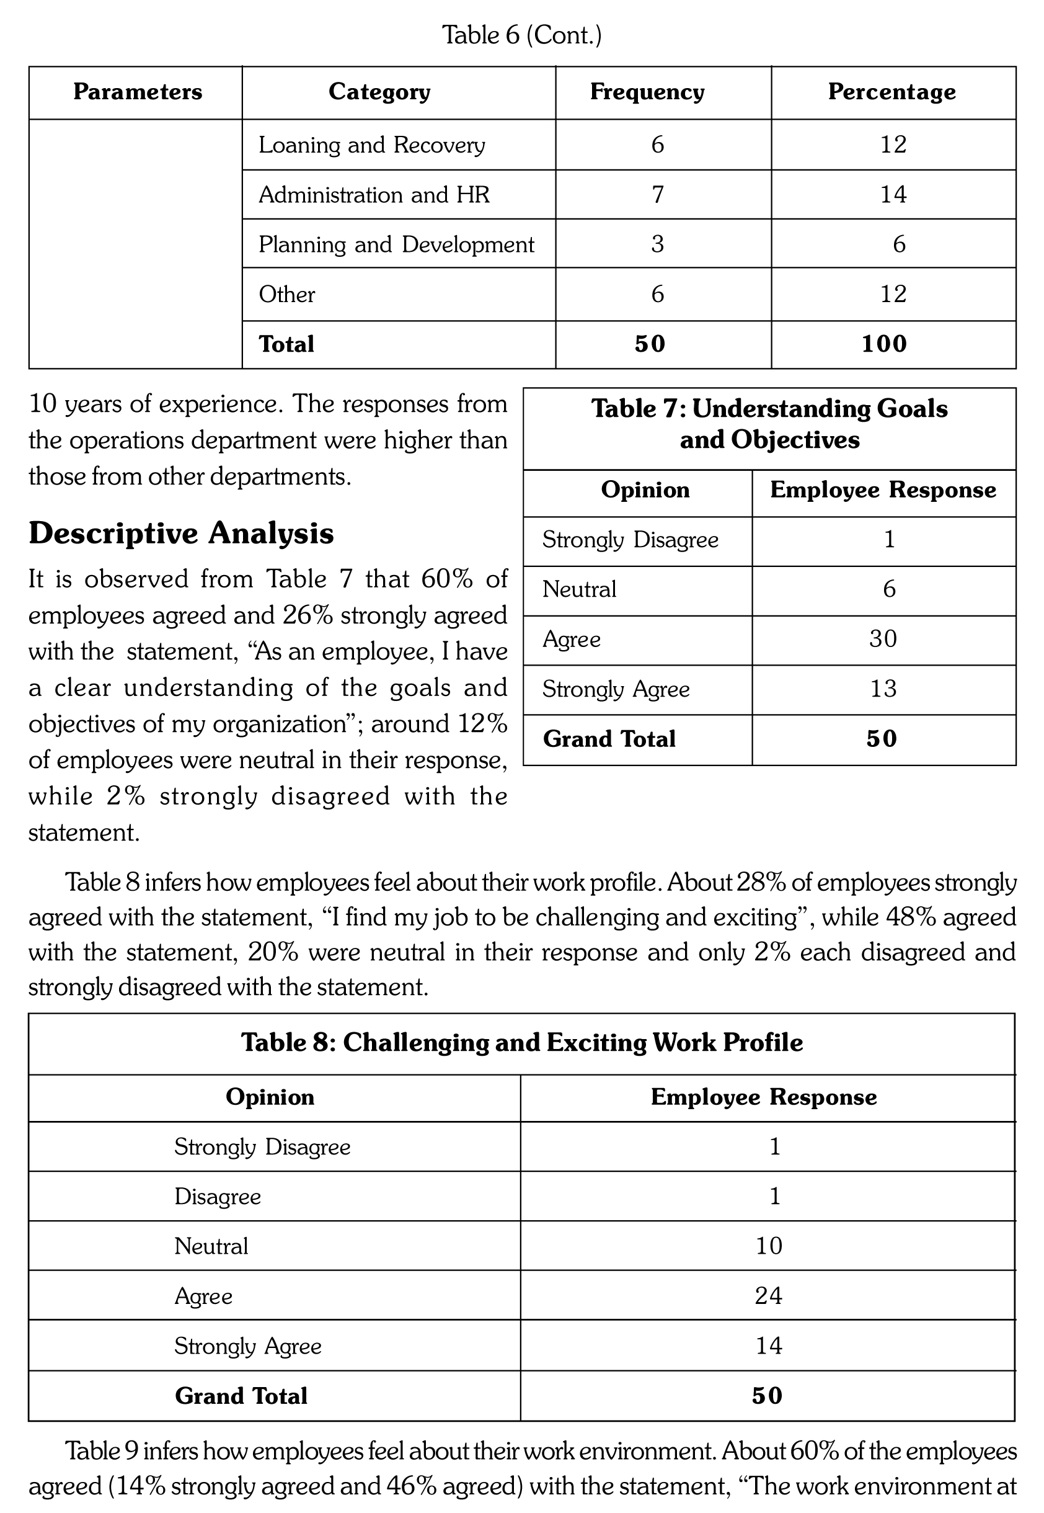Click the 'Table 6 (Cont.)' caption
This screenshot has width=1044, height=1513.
521,35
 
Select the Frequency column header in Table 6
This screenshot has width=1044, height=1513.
647,92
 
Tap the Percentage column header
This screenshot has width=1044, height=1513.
891,92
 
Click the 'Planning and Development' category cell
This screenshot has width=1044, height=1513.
396,244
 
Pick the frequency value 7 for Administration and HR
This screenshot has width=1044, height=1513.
657,194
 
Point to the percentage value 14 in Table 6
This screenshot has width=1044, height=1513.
893,194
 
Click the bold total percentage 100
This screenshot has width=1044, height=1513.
883,344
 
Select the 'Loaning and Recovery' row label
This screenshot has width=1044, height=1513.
371,145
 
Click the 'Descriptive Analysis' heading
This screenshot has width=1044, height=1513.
181,533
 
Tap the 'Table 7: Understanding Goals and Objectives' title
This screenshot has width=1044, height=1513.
769,424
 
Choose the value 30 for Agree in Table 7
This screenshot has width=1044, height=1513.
882,639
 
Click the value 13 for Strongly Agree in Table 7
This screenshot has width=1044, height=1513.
882,689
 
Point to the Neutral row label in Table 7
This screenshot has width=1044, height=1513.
579,589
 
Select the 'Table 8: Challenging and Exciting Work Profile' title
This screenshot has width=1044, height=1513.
521,1043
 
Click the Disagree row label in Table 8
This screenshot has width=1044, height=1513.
217,1197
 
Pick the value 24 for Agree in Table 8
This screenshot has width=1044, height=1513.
768,1296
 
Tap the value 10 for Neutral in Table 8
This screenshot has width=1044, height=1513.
768,1246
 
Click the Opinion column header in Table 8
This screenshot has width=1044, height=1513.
270,1097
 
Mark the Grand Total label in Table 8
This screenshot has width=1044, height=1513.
241,1396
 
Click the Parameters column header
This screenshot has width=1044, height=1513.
138,92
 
